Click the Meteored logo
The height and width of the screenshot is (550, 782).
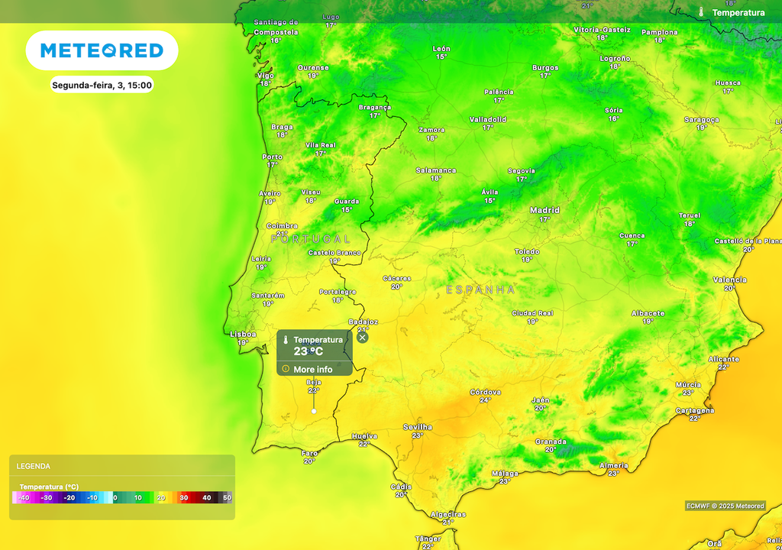tap(102, 50)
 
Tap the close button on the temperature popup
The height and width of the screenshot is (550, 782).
tap(363, 337)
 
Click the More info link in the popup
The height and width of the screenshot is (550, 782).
tap(312, 370)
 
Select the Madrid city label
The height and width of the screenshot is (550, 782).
tap(544, 210)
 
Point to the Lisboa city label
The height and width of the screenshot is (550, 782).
tap(243, 334)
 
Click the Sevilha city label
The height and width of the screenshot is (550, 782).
tap(418, 427)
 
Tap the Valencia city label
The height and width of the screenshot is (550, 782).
tap(729, 280)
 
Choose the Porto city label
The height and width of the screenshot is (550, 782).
tap(272, 157)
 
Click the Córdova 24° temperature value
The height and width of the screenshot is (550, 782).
tap(485, 400)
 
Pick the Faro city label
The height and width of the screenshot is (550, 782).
tap(309, 453)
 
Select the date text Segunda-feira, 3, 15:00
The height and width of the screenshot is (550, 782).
tap(102, 85)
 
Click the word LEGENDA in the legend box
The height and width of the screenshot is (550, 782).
tap(34, 466)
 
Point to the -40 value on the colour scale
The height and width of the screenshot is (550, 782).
tap(24, 498)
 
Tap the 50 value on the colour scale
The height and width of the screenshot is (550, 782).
tap(227, 498)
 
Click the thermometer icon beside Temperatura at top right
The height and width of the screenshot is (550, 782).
tap(701, 12)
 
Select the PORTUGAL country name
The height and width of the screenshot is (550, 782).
tap(310, 239)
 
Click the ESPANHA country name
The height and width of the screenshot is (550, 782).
tap(480, 290)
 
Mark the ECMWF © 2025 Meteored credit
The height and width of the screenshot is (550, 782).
tap(725, 506)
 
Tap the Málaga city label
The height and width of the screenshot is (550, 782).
tap(505, 474)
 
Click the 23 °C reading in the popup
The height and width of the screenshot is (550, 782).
tap(309, 351)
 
